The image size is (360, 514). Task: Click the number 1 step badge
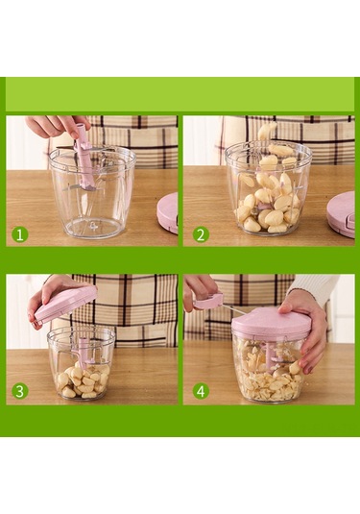[x=20, y=234]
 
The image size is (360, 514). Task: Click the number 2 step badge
[x=201, y=234]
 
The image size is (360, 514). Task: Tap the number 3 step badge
[x=20, y=391]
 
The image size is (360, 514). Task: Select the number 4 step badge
[x=201, y=391]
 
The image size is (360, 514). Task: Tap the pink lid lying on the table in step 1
[x=168, y=213]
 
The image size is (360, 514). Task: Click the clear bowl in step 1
[x=92, y=192]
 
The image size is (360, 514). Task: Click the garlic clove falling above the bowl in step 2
[x=267, y=130]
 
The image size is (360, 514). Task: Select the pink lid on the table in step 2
[x=342, y=214]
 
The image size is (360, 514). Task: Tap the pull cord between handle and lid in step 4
[x=233, y=308]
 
